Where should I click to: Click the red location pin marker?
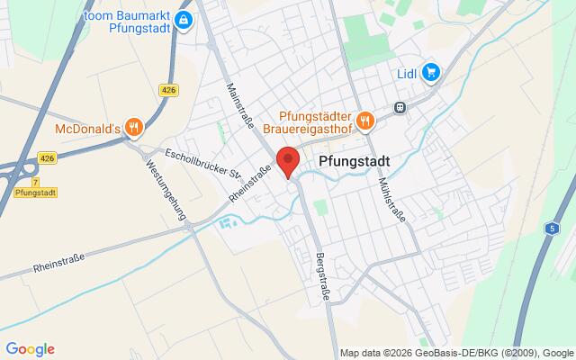pos(287,161)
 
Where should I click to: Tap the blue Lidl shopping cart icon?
pos(431,72)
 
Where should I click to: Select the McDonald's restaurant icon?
pos(133,127)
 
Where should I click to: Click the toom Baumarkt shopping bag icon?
pos(184,20)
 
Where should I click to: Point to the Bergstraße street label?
pos(319,270)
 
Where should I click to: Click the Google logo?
pos(30,348)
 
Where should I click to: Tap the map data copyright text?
pos(456,352)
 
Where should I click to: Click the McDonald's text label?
pos(87,127)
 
